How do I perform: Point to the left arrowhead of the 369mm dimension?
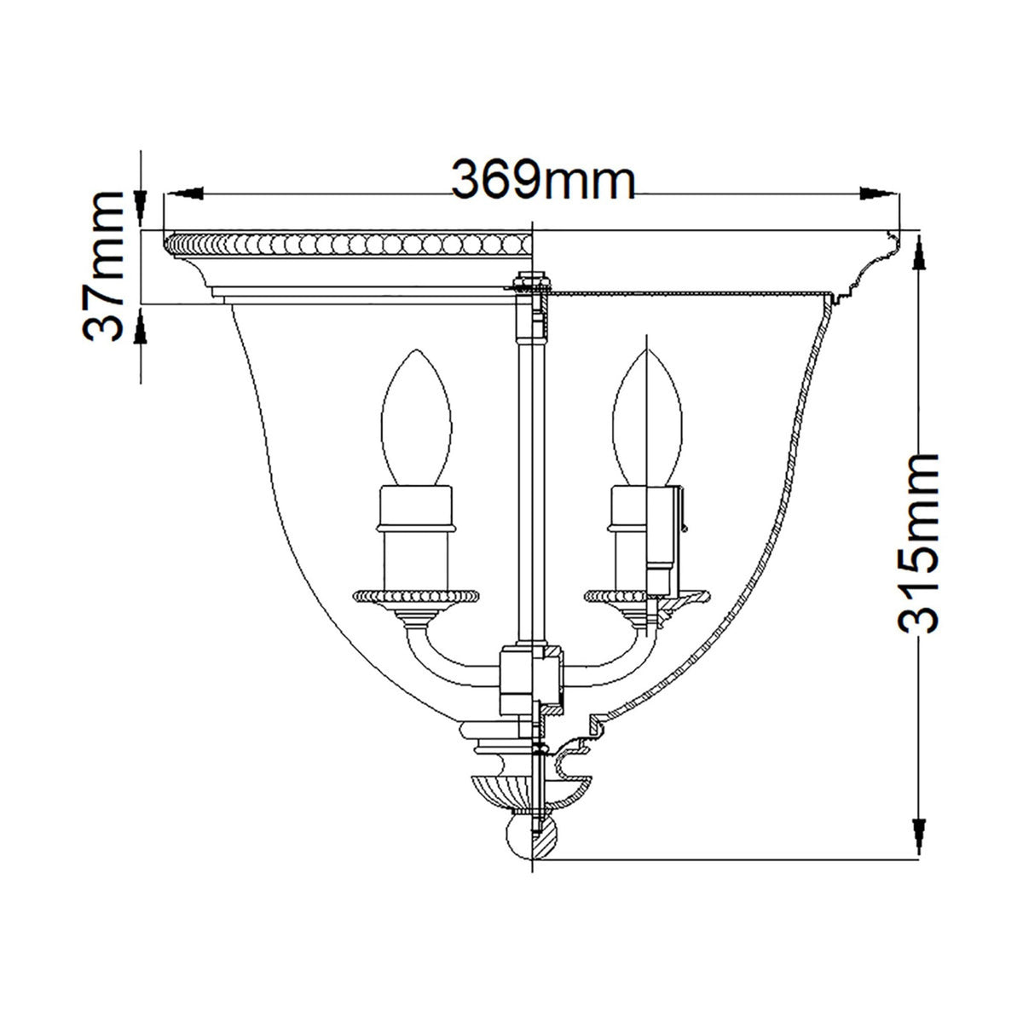click(182, 193)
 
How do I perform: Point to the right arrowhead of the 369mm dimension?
click(879, 193)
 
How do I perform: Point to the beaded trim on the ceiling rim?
click(350, 245)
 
